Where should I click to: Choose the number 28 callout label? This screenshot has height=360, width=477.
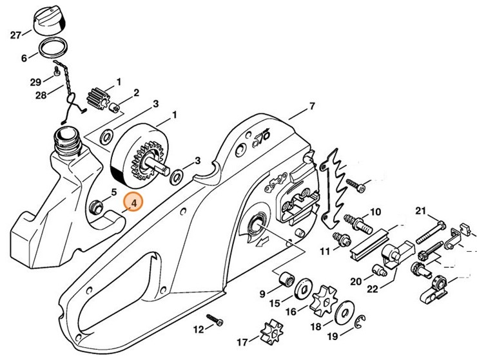[x=41, y=95]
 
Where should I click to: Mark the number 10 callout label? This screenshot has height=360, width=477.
[x=375, y=211]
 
